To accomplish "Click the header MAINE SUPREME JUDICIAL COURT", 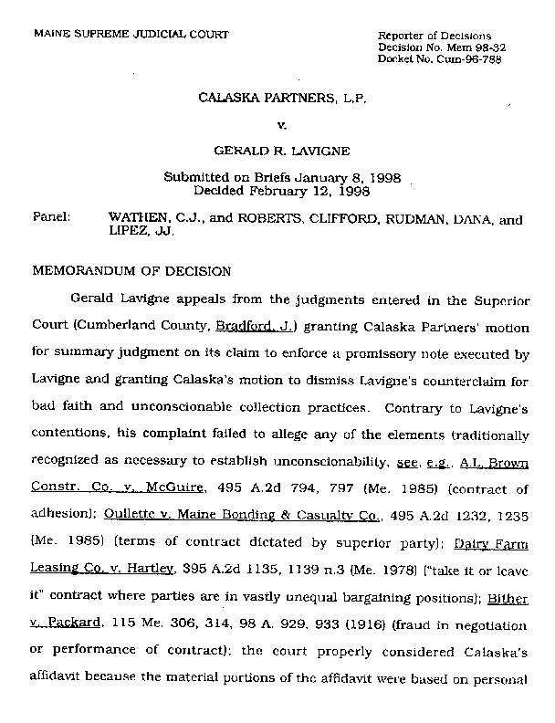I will click(131, 34).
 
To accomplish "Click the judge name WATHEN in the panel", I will click(139, 220).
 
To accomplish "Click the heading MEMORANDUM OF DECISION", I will click(132, 271).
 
